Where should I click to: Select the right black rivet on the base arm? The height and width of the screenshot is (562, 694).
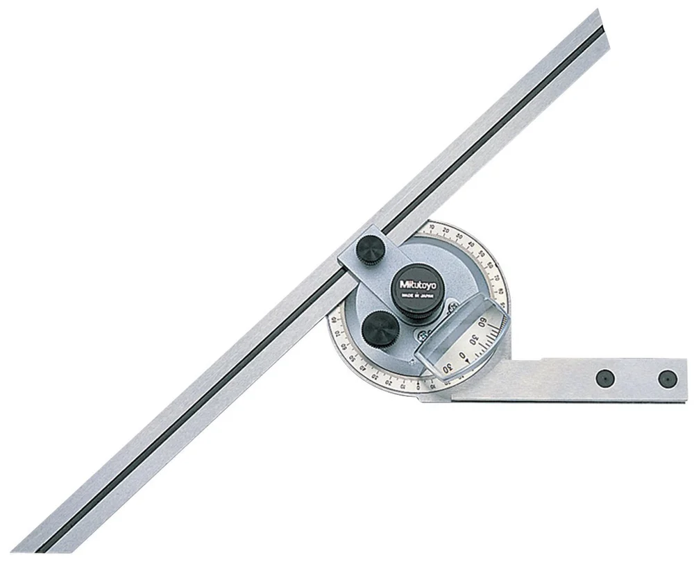[666, 378]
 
